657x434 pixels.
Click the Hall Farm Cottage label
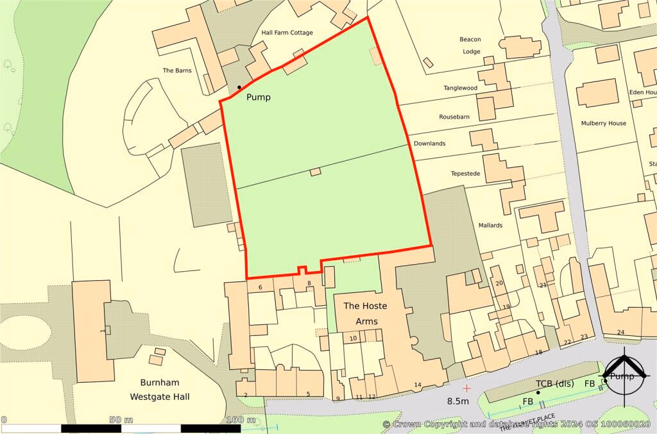(x=287, y=33)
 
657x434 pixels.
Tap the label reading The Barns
(x=177, y=71)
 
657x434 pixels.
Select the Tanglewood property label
(x=461, y=88)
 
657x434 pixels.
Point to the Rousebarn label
(x=454, y=117)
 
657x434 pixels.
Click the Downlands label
(x=429, y=144)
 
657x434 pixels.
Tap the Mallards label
(x=490, y=225)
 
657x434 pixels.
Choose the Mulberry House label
(x=603, y=123)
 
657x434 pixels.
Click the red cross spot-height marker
(x=466, y=388)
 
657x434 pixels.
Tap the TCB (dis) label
(x=554, y=384)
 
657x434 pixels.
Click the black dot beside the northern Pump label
(x=239, y=87)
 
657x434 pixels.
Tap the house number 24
(x=620, y=332)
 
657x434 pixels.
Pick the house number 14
(x=417, y=385)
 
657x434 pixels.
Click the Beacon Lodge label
(x=470, y=46)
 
